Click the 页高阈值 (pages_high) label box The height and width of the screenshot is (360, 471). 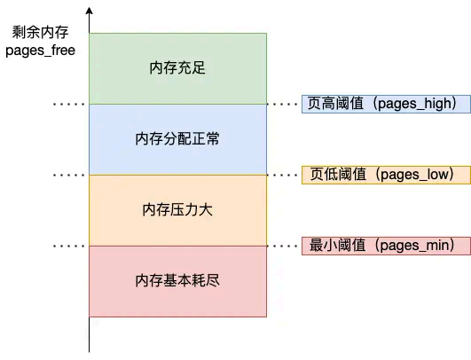pos(380,104)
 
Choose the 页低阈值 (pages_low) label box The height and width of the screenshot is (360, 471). pos(380,175)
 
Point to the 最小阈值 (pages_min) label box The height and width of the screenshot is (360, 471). pos(380,246)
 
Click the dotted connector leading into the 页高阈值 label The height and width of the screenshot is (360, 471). pos(284,104)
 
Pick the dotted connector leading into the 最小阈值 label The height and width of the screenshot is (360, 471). pos(284,246)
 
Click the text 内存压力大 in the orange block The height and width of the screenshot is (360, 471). pos(177,210)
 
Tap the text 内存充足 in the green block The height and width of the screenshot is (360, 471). pos(177,68)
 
